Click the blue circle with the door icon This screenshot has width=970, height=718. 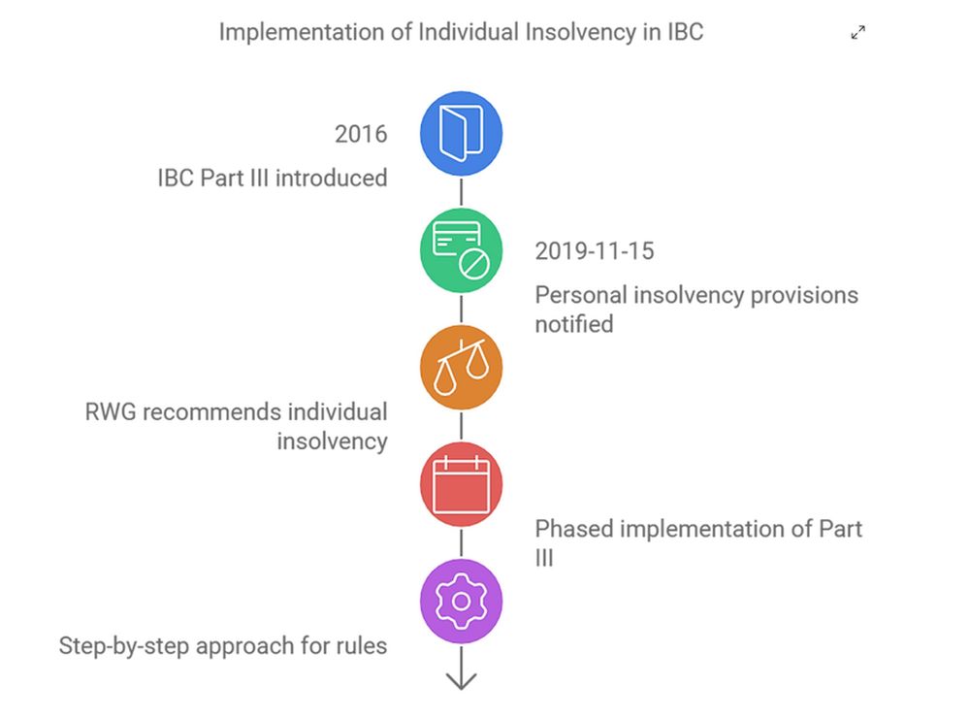[x=461, y=133]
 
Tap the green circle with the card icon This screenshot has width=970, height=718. [x=461, y=250]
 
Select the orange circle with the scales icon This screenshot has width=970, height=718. [x=461, y=368]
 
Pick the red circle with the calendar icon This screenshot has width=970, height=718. [x=461, y=484]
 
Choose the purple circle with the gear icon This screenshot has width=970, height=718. [x=461, y=602]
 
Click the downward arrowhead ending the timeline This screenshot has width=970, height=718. [x=461, y=681]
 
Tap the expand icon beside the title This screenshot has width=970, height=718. [x=857, y=33]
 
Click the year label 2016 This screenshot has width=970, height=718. [x=361, y=134]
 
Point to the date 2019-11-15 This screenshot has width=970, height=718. [x=595, y=251]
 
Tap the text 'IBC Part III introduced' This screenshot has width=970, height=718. [x=273, y=179]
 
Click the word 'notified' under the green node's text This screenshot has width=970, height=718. [x=574, y=324]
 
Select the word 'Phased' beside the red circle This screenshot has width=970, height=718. [x=573, y=530]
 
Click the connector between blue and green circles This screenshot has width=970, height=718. [x=461, y=192]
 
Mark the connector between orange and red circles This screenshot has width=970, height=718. [x=461, y=426]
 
